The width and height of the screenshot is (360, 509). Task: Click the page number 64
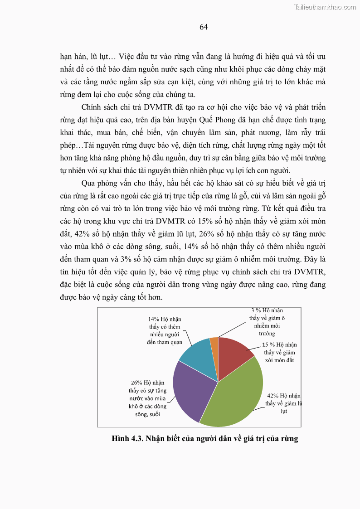[x=204, y=27]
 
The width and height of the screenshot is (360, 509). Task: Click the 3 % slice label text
[x=267, y=322]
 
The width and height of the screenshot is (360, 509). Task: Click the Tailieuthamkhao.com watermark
[x=325, y=7]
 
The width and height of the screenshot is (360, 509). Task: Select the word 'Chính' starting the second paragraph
[x=92, y=107]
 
